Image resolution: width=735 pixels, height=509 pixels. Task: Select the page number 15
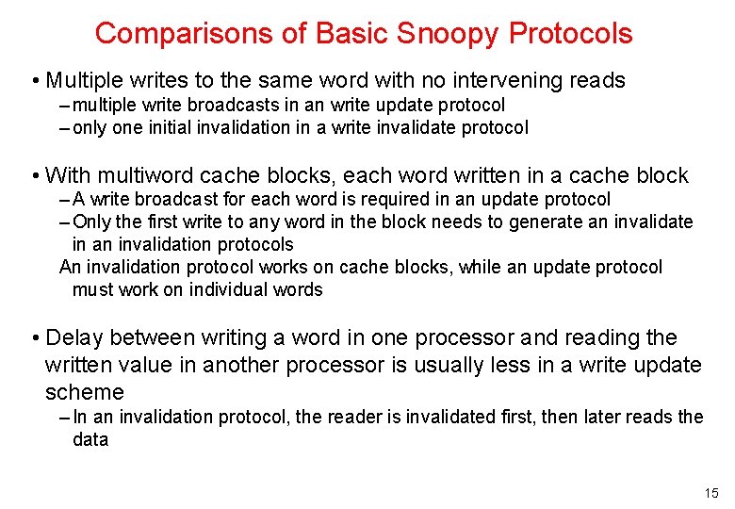click(x=710, y=493)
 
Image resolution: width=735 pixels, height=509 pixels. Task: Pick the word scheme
click(x=85, y=392)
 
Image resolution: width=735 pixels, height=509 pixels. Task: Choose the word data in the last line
click(x=90, y=439)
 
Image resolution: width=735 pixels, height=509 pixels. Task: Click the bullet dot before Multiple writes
click(x=34, y=81)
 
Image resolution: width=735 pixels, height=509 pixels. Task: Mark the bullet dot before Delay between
click(x=34, y=338)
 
